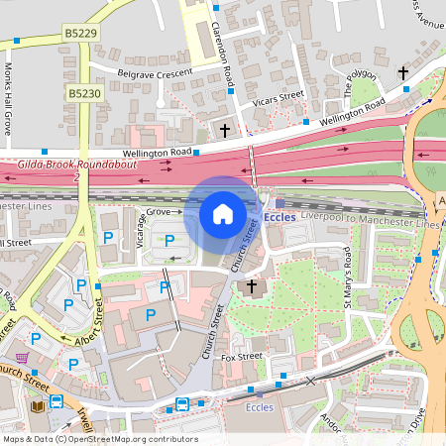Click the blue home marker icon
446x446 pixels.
pyautogui.click(x=223, y=213)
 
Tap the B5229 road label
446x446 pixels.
pyautogui.click(x=81, y=33)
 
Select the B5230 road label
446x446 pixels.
pyautogui.click(x=83, y=92)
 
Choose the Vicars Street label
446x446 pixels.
pyautogui.click(x=278, y=97)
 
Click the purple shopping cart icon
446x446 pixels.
pyautogui.click(x=22, y=358)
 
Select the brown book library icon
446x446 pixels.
pyautogui.click(x=38, y=406)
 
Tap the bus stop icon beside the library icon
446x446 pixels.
pyautogui.click(x=57, y=403)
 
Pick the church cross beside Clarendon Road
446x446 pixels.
pyautogui.click(x=225, y=130)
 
